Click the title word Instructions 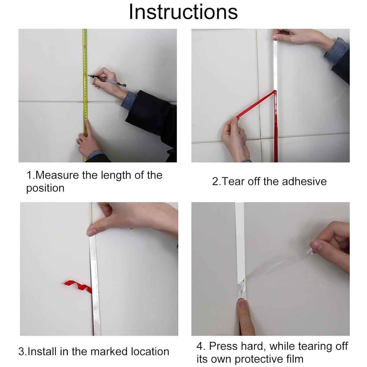click(x=183, y=12)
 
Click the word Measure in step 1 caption click(x=57, y=175)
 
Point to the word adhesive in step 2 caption click(x=304, y=181)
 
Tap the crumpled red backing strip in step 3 click(x=78, y=286)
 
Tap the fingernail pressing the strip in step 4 click(x=242, y=303)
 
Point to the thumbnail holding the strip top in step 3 click(x=92, y=232)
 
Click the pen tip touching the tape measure click(x=88, y=76)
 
